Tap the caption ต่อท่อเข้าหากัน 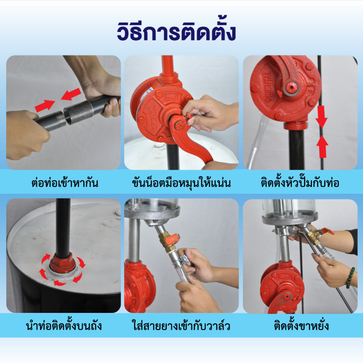pyautogui.click(x=65, y=183)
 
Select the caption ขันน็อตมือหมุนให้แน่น pyautogui.click(x=181, y=183)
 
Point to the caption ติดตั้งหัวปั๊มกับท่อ pyautogui.click(x=300, y=182)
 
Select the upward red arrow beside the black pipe pyautogui.click(x=322, y=147)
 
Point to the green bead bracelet pyautogui.click(x=350, y=278)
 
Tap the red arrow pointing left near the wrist pyautogui.click(x=71, y=94)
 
